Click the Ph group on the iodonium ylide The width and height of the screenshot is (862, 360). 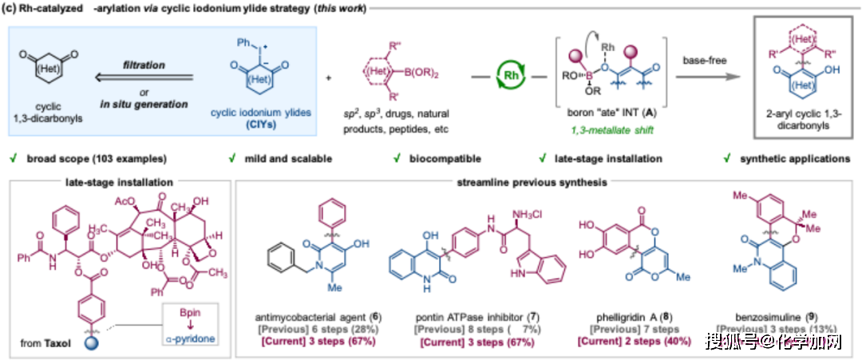tap(244, 41)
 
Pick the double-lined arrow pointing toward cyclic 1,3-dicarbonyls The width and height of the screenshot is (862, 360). tap(143, 78)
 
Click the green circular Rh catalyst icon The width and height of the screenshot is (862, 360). tap(510, 77)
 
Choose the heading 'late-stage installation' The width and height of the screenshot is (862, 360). tap(119, 183)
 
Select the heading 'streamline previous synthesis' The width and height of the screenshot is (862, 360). tap(531, 183)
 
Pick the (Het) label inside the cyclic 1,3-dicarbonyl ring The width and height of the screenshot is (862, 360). tap(53, 80)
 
